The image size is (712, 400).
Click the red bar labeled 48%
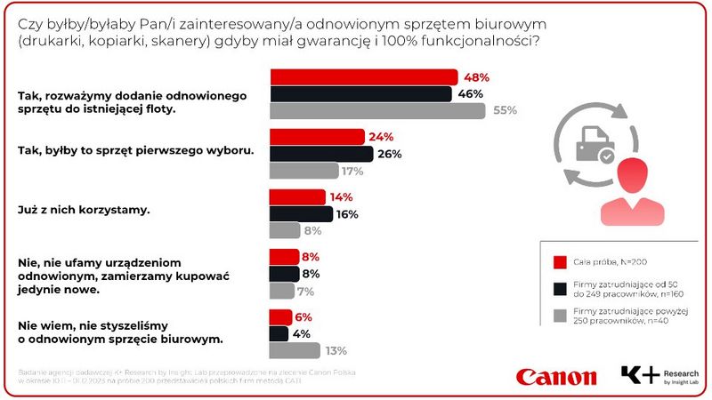(x=363, y=77)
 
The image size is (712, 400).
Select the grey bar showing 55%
(x=377, y=111)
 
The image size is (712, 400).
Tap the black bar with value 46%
(x=360, y=94)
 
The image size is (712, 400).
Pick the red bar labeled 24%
(x=317, y=137)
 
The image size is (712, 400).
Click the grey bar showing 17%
(x=303, y=171)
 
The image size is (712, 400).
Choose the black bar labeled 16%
(x=301, y=213)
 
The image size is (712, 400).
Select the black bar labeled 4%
(x=279, y=333)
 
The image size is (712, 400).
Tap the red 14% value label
(x=342, y=196)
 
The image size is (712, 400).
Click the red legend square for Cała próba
(x=560, y=262)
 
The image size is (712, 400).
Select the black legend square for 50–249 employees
(x=560, y=288)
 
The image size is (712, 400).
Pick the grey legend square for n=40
(x=560, y=314)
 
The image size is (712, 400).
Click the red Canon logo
(x=556, y=376)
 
